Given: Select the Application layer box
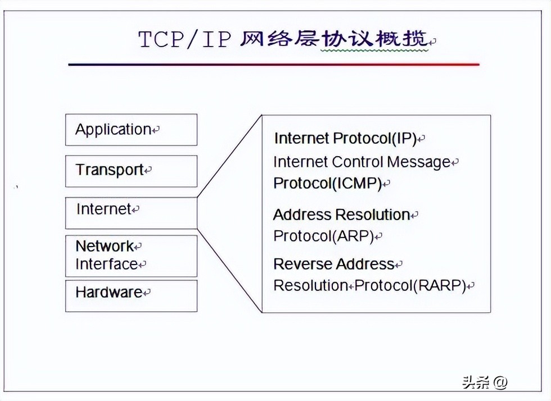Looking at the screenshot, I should pos(131,130).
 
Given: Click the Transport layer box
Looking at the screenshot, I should pos(131,171).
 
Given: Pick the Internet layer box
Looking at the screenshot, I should pos(131,212).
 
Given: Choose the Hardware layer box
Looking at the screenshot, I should pos(131,295).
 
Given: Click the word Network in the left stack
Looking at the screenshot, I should pos(105,246).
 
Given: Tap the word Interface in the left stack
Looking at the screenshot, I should pos(106,264).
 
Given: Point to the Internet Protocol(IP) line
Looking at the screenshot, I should pos(345,138).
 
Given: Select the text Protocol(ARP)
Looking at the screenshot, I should pos(323,236).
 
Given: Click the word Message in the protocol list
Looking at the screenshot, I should pos(419,162).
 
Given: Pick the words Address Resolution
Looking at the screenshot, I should pos(341,215).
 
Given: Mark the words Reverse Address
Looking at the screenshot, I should pos(334,264).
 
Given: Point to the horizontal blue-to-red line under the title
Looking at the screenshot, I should pos(273,65).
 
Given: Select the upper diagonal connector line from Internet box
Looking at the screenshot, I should pos(229,157).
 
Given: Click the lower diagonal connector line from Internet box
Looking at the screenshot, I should pos(229,270).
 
